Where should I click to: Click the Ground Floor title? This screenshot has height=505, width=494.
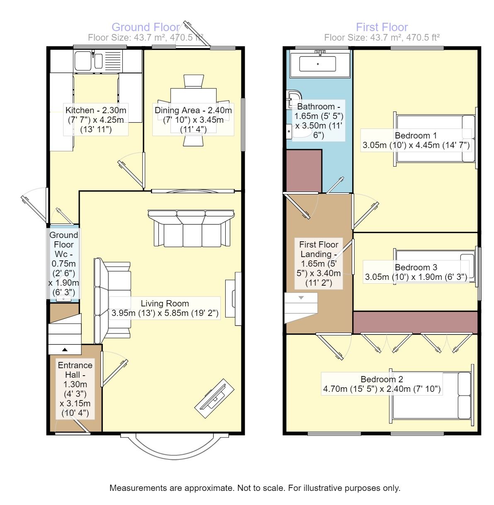[x=145, y=27]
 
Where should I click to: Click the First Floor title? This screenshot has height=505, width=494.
[x=382, y=27]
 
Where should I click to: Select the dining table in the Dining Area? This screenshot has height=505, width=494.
[x=193, y=110]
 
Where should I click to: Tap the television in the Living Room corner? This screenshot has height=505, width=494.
[x=214, y=399]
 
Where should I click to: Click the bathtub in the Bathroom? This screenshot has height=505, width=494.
[x=320, y=64]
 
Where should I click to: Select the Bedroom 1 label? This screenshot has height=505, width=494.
[x=416, y=136]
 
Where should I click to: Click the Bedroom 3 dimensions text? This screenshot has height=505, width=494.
[x=416, y=277]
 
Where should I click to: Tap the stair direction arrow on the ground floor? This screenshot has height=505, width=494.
[x=65, y=350]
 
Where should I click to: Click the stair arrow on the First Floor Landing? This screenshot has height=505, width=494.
[x=301, y=298]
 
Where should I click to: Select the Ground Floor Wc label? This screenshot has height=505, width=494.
[x=63, y=263]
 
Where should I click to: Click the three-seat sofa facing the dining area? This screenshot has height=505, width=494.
[x=191, y=228]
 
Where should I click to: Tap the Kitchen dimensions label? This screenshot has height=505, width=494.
[x=96, y=120]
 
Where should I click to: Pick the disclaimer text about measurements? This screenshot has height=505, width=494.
[x=255, y=488]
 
